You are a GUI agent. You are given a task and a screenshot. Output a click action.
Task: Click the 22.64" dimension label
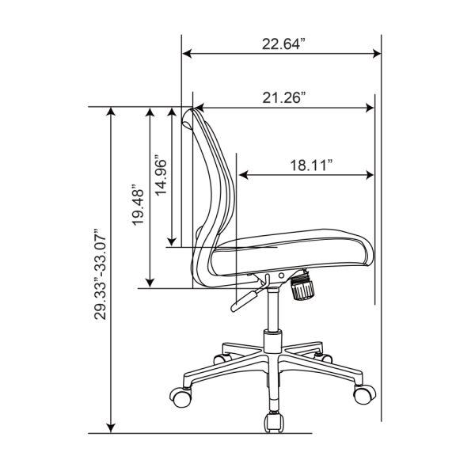coord(283,44)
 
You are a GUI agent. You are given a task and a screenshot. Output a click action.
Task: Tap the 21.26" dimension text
coord(283,97)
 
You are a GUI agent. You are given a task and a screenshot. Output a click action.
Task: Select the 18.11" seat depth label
coord(311,165)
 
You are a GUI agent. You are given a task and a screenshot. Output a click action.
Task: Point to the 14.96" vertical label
coord(161,176)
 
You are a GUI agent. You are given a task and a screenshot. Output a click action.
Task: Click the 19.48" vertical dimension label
coord(138,204)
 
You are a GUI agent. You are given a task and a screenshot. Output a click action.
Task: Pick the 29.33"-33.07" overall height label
coord(101,274)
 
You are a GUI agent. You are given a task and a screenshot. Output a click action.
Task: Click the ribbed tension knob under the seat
coord(302,288)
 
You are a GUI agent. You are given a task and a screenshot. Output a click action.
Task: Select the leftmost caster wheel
coord(180,397)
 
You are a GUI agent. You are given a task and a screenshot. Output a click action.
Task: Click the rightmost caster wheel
coord(364,393)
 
